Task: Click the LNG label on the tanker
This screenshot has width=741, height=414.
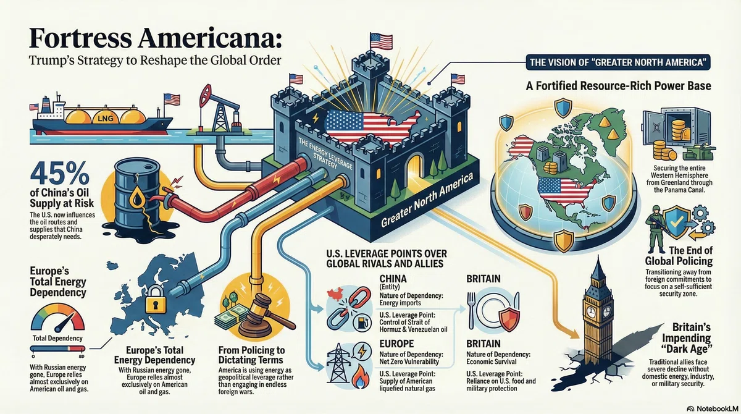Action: pos(106,118)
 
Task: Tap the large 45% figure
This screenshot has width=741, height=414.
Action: pos(60,174)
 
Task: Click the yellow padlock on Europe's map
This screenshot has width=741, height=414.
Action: pos(156,299)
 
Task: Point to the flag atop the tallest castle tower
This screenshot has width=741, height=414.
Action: pos(381,41)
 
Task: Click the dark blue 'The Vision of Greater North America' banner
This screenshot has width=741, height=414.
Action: pos(618,62)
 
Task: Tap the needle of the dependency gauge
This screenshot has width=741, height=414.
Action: pos(65,323)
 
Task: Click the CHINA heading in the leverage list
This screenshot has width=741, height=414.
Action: pos(393,279)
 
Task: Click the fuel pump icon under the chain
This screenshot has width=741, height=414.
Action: pos(362,322)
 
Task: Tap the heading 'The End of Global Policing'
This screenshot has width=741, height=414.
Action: pos(679,255)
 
